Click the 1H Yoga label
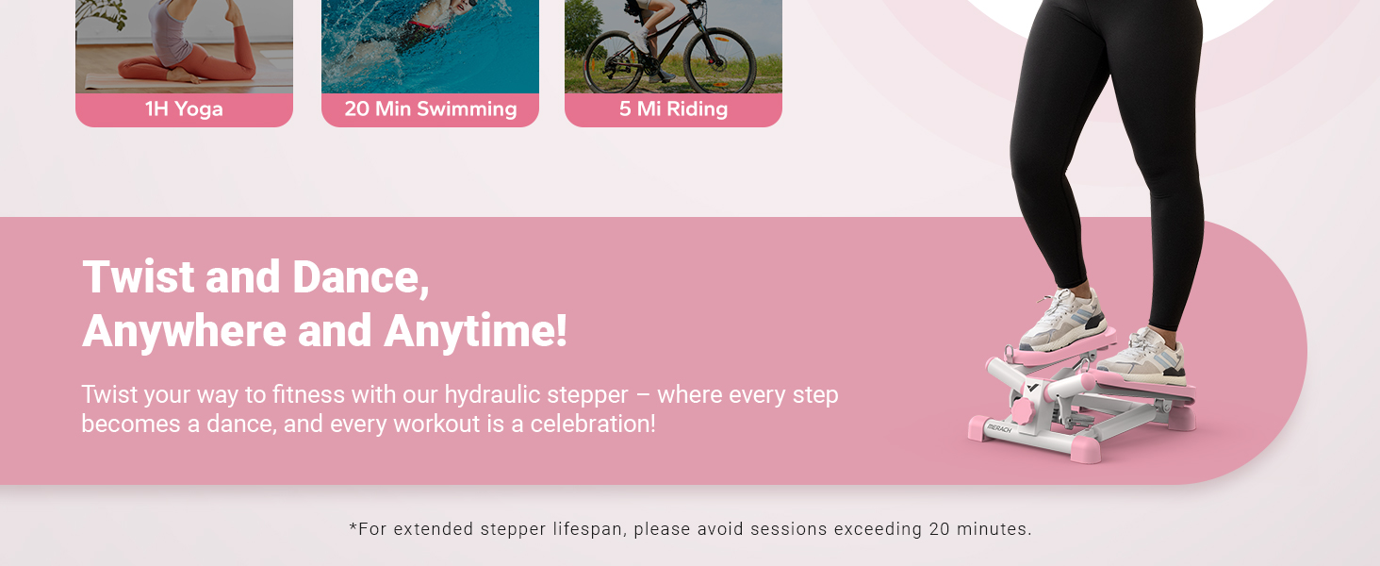(x=184, y=109)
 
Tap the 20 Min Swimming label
(x=430, y=109)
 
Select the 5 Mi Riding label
(x=673, y=109)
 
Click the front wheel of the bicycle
(x=720, y=61)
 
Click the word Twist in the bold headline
(x=139, y=277)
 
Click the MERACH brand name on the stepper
(x=998, y=427)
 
